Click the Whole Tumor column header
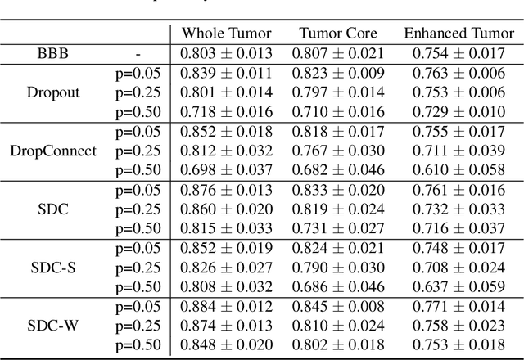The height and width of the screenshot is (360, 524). pos(225,34)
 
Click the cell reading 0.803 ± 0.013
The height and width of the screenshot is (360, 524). pos(225,53)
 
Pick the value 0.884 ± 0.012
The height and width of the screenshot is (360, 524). pos(225,306)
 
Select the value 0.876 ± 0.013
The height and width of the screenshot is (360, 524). pos(225,189)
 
